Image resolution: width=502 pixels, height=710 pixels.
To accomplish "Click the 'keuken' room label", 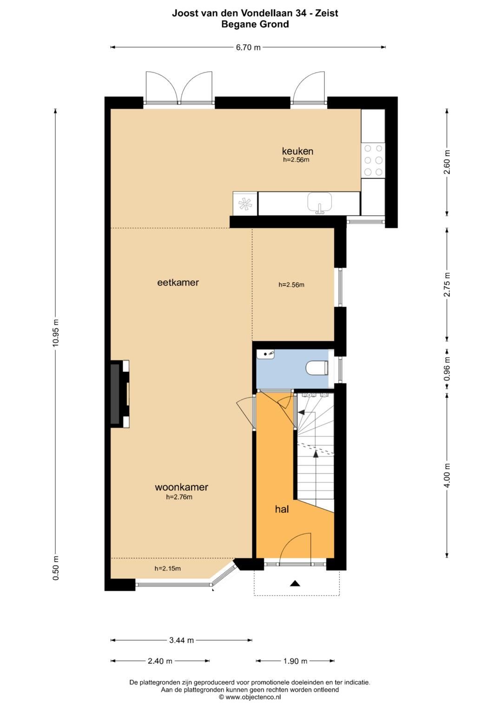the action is click(x=297, y=151).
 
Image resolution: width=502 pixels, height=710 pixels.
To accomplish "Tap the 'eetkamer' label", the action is click(x=178, y=282).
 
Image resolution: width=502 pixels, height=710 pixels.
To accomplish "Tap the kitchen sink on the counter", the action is click(x=319, y=203).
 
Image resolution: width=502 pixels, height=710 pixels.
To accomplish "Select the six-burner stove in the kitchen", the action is click(x=373, y=160).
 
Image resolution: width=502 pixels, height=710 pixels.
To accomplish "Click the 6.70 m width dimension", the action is click(x=248, y=47).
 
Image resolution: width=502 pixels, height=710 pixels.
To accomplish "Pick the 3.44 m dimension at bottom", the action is click(x=181, y=640).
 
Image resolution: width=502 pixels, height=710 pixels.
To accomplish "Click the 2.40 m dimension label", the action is click(x=160, y=661).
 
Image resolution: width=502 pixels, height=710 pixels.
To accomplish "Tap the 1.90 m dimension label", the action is click(x=295, y=661).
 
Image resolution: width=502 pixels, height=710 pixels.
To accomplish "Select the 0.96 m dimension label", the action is click(x=447, y=369).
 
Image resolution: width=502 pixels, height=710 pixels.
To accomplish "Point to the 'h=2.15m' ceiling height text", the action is click(x=168, y=568).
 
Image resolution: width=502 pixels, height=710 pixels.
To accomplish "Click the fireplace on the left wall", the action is click(x=120, y=394).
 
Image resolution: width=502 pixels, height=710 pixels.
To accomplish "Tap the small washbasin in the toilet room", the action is click(x=265, y=354).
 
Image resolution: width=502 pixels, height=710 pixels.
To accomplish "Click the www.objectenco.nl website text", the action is click(x=250, y=697).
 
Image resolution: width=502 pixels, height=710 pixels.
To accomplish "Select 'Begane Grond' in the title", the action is click(x=255, y=24).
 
